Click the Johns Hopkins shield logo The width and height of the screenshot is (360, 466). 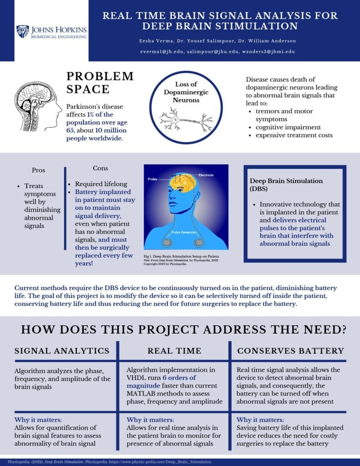coord(22,31)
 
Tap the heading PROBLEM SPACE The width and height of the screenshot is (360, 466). coord(100,82)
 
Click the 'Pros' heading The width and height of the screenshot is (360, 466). coord(39,170)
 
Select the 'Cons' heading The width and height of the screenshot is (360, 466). coord(100,168)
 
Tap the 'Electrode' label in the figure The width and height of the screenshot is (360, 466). coord(205,175)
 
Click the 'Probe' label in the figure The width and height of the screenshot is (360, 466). coord(152,179)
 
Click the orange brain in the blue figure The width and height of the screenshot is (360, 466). coord(183,183)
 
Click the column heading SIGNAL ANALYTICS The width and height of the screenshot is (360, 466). coord(62,351)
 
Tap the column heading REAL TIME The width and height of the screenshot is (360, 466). coord(174,351)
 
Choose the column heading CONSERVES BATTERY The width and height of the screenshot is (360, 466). coord(291,351)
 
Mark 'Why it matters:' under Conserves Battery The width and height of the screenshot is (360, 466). coord(260,420)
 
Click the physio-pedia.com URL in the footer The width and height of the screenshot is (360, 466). coord(167,461)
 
